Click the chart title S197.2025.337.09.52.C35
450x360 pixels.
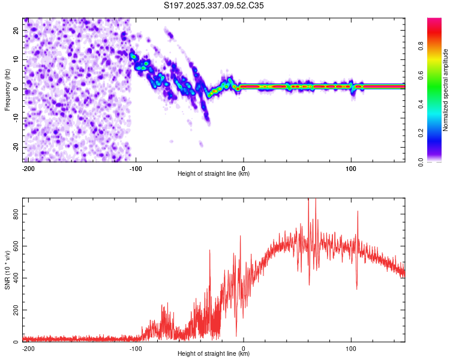[x=214, y=5]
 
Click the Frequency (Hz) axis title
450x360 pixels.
[x=7, y=89]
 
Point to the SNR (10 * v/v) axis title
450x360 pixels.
[x=7, y=269]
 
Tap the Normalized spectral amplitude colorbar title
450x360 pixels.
[x=446, y=89]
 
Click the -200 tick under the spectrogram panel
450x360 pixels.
[x=28, y=168]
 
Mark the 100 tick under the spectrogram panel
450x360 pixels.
[x=350, y=168]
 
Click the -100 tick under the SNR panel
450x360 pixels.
[x=135, y=348]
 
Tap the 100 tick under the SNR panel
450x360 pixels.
[x=350, y=348]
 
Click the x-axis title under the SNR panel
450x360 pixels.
[x=214, y=354]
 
